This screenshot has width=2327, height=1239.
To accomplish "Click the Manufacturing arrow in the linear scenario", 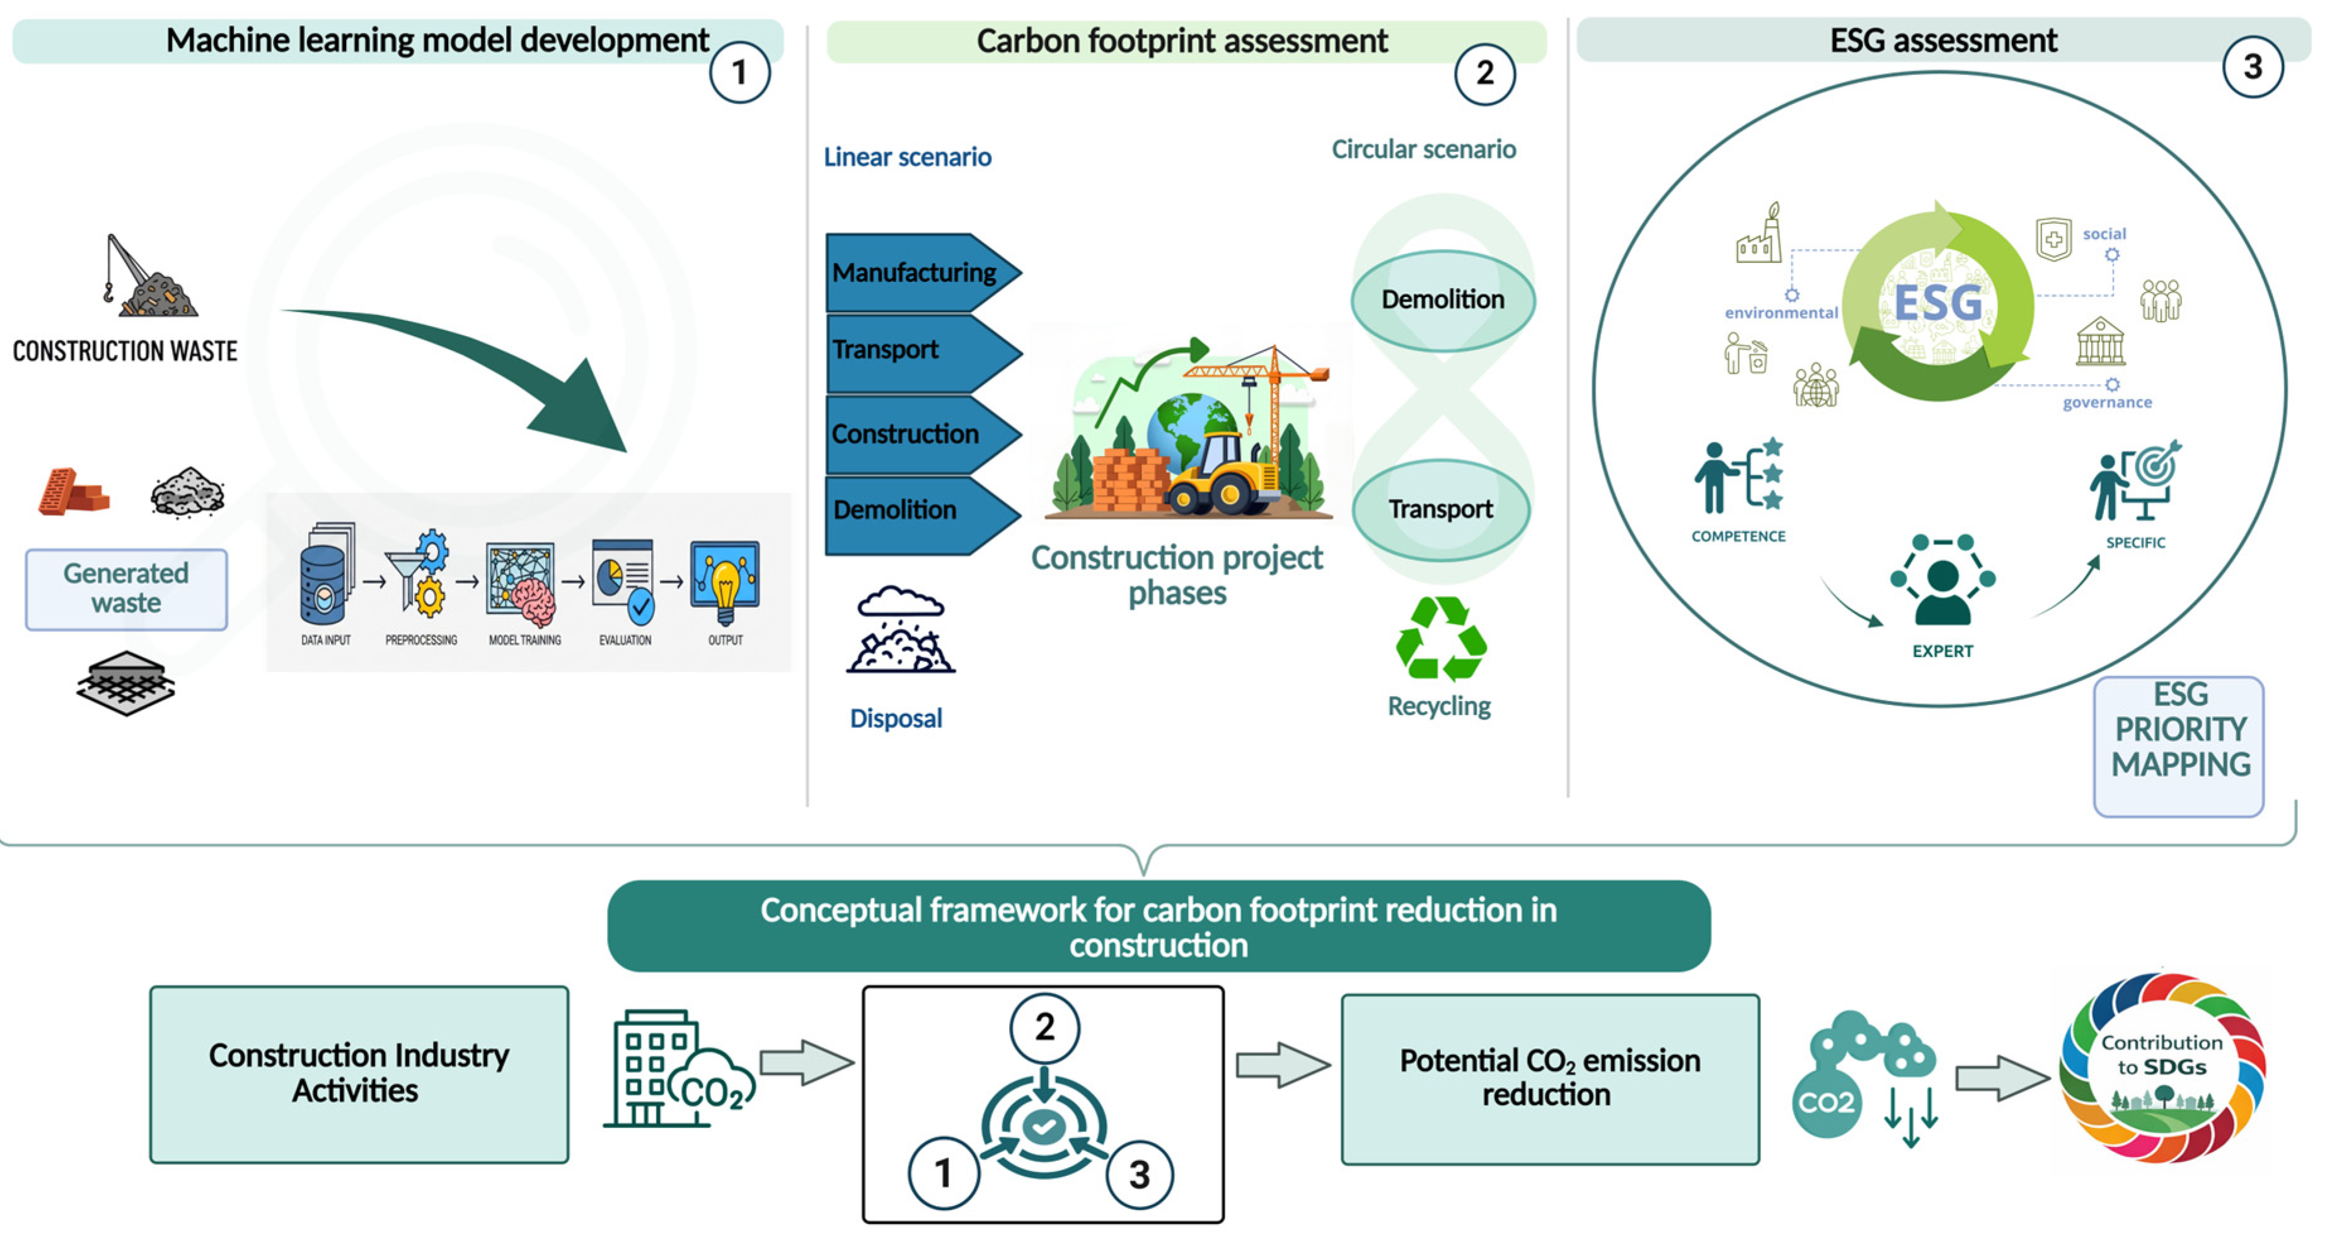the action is point(921,272).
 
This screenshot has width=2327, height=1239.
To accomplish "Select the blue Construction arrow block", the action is point(921,434).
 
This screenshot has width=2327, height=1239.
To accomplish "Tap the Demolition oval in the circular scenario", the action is point(1443,300).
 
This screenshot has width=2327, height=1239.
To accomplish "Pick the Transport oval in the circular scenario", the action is point(1441,509).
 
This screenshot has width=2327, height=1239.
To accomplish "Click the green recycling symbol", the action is point(1441,638).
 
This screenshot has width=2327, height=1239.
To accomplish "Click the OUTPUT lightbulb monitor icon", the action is point(724,582).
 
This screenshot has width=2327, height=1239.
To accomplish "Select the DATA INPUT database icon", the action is point(325,574).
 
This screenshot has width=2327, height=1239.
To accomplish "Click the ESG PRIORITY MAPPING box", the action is point(2179,747).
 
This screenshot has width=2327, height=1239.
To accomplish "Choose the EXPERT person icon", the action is point(1942,580).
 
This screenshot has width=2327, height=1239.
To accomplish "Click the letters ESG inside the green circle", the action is point(1939,303).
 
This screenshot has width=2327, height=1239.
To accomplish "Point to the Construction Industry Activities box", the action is point(359,1074).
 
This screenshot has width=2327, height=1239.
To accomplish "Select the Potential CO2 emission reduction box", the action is point(1550,1079).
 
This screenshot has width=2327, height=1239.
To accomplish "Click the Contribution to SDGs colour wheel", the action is point(2162,1067).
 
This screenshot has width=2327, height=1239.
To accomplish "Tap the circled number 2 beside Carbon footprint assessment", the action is point(1484,73).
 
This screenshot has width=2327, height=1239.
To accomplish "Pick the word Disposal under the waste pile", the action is point(896,718).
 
